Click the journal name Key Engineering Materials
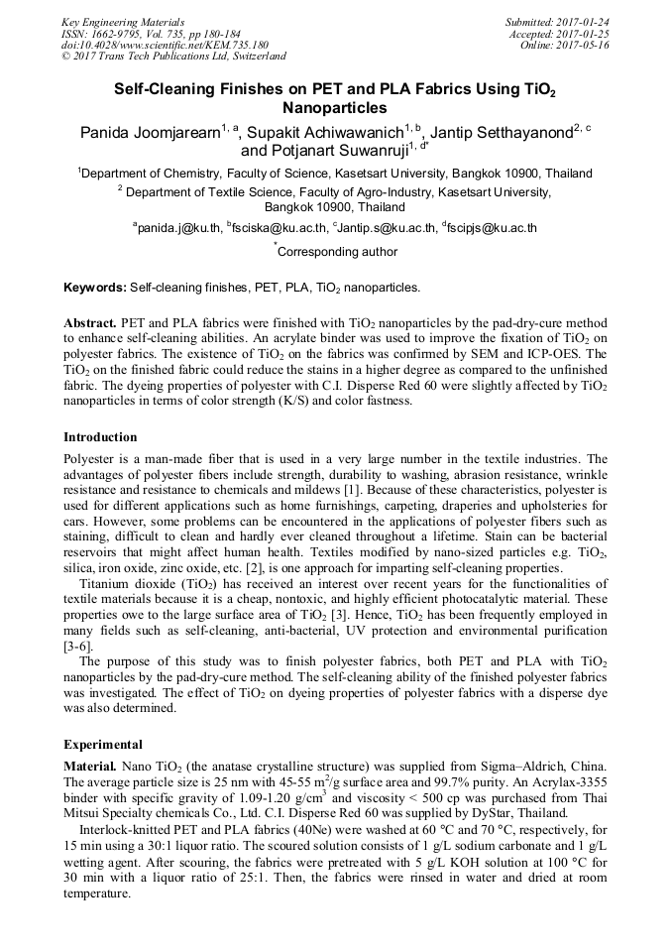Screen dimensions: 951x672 coord(122,22)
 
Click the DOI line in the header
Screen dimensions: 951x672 coord(165,46)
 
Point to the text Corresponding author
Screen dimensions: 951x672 coord(337,252)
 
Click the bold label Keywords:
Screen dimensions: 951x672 coord(94,288)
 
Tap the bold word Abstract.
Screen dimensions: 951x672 coord(90,323)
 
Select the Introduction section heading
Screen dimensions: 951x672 coord(100,436)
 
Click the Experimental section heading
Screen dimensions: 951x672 coord(103,744)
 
